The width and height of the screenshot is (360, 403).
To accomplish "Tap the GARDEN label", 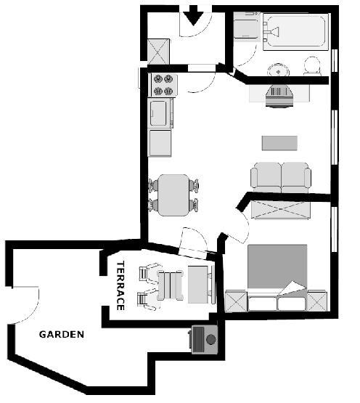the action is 62,334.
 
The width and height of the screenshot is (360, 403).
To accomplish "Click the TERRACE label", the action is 120,286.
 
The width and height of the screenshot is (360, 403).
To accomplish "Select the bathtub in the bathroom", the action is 295,32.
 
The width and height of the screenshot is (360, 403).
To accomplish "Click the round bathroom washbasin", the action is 278,70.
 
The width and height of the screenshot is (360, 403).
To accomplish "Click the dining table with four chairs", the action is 173,195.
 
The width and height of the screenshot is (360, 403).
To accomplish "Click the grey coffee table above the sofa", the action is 279,143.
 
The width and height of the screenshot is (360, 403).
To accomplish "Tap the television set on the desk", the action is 279,97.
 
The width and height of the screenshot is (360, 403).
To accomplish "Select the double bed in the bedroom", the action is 277,277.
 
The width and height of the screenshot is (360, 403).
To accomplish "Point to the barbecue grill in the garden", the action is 203,340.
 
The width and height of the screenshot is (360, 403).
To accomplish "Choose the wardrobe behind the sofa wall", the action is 281,211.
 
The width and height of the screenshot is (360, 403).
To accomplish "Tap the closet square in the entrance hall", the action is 158,52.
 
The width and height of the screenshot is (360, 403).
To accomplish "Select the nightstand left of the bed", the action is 235,301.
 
